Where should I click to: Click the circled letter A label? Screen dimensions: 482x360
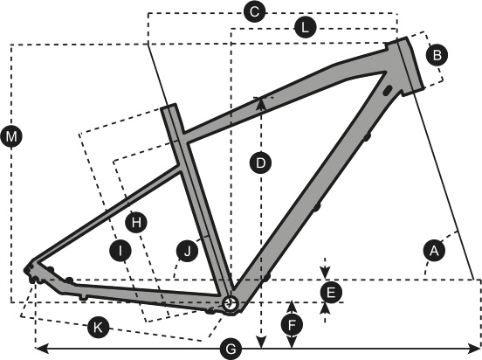coord(434,251)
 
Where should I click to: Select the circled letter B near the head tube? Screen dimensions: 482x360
coord(437,55)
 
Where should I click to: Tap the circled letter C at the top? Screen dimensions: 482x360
coord(254,12)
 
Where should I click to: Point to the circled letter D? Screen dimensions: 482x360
coord(261,163)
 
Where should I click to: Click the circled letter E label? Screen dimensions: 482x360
coord(331,293)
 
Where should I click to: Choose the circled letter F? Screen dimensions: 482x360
coord(292,324)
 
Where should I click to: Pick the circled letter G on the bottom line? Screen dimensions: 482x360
coord(231,350)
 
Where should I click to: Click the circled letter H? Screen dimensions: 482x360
coord(136,222)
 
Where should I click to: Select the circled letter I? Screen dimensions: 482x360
coord(120,251)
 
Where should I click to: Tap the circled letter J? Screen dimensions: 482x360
coord(187,251)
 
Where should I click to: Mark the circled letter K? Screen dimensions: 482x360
coord(98,327)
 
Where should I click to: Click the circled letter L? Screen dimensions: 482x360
coord(305,28)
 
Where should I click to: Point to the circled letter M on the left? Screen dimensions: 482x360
coord(11,135)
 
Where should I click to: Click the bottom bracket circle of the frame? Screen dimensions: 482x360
coord(231,304)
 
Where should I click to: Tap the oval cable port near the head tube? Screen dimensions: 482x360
coord(388,90)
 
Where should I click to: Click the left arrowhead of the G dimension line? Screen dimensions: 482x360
coord(41,350)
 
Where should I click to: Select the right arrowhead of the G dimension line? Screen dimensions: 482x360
coord(473,350)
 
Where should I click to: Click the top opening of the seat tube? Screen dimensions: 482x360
coord(169,107)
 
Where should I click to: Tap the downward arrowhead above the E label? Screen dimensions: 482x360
coord(325,273)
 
